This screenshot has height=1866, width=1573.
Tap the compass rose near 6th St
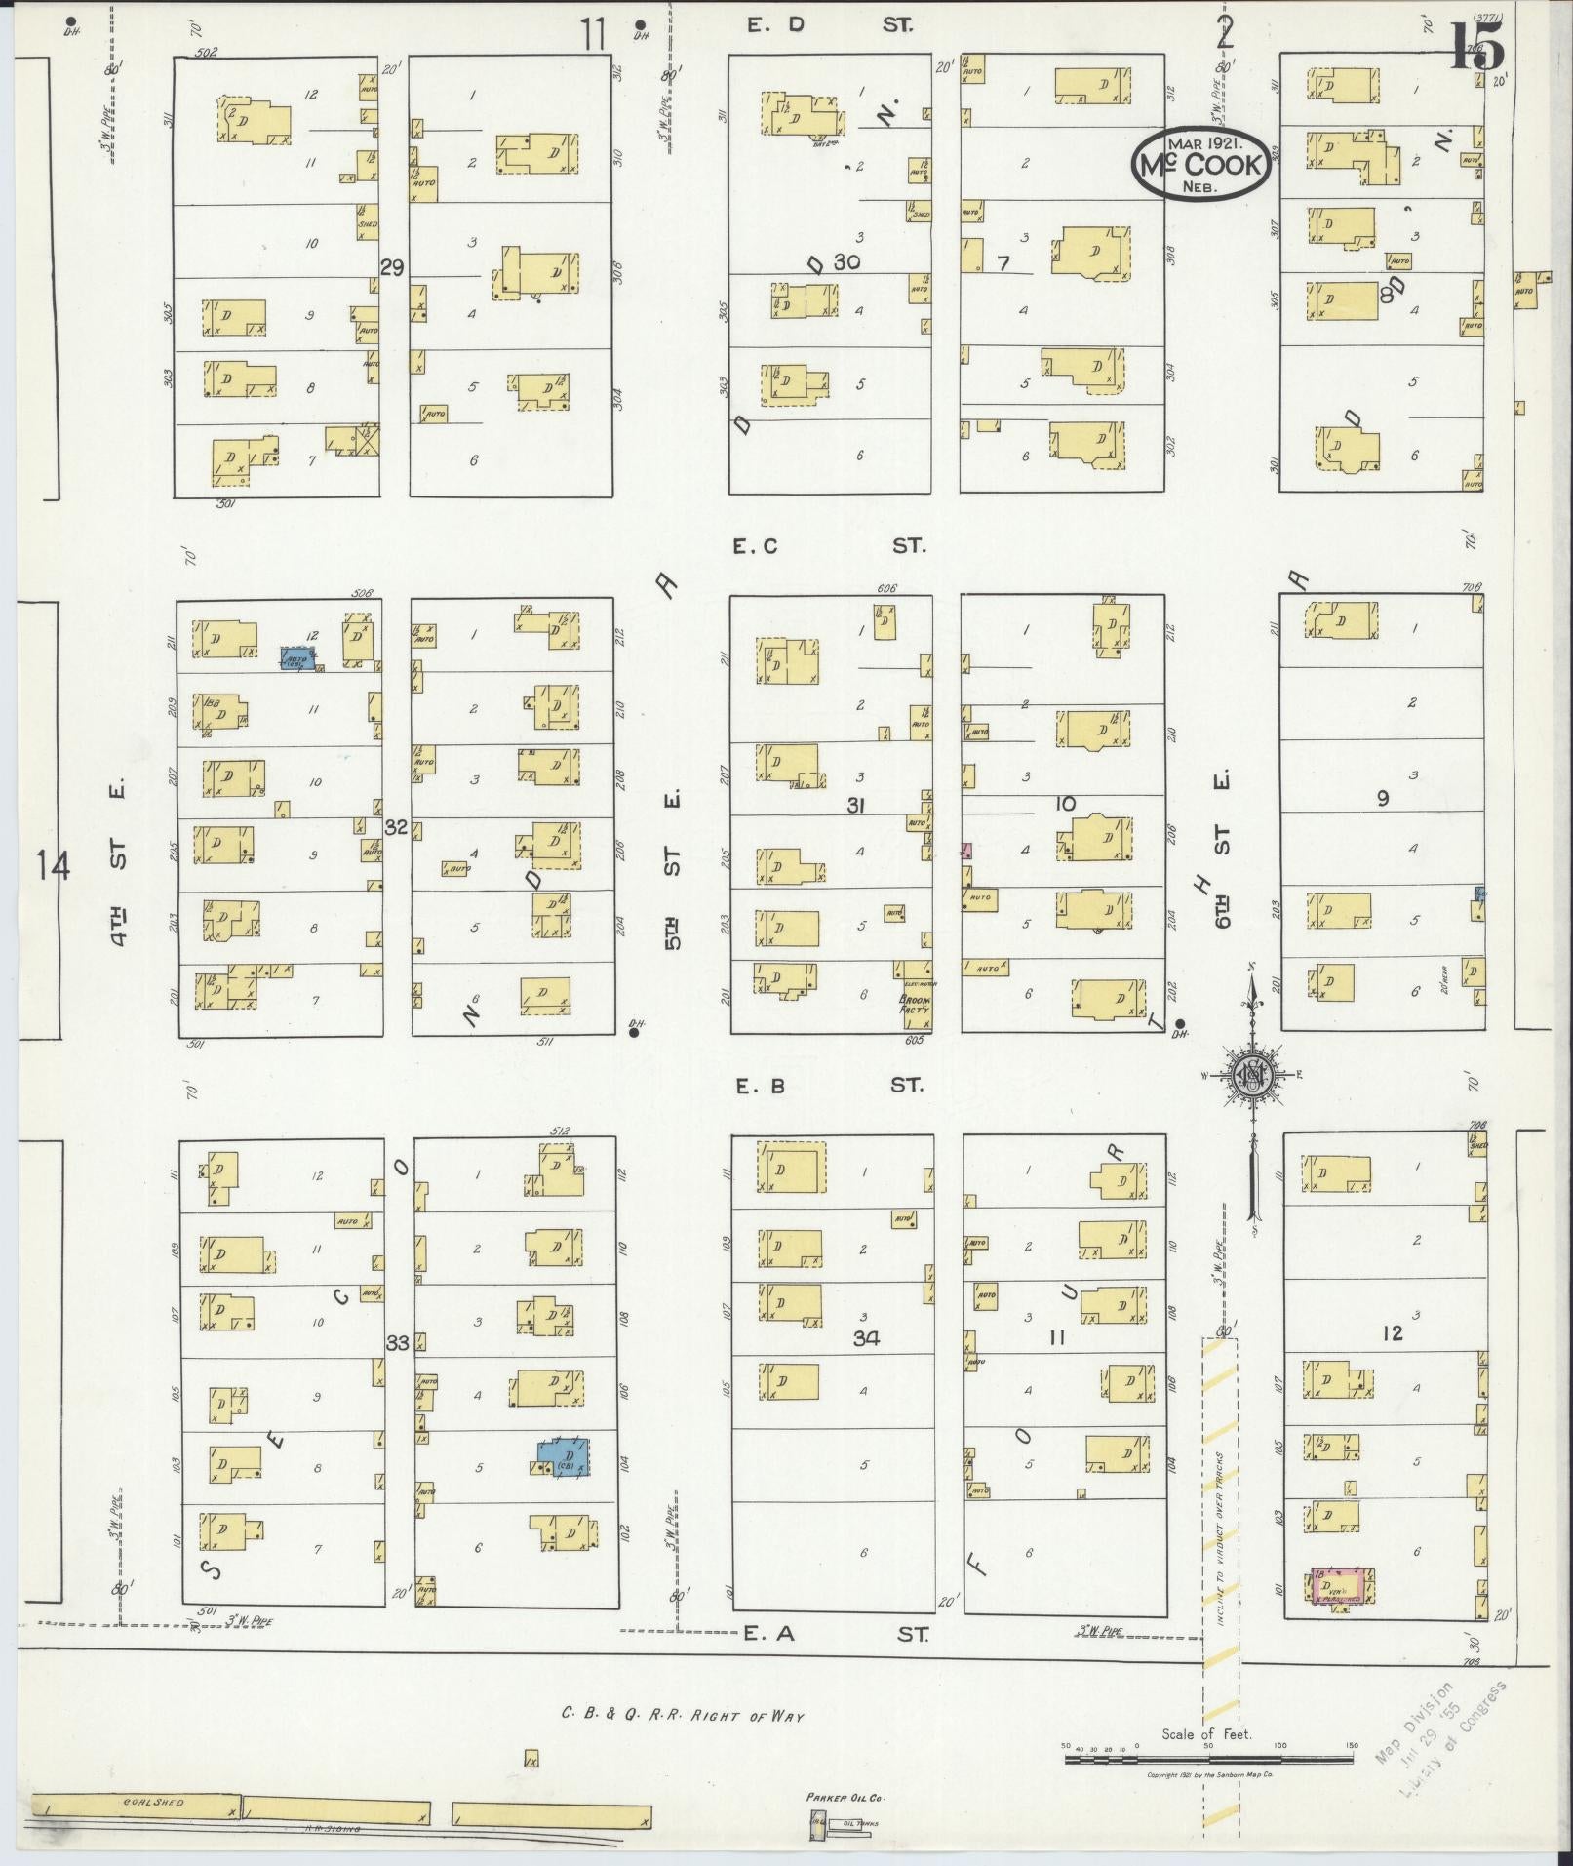[x=1252, y=1075]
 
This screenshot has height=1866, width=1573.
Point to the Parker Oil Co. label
[x=845, y=1797]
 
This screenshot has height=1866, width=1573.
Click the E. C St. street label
[x=828, y=546]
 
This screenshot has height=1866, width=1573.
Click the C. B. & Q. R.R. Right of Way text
[x=683, y=1714]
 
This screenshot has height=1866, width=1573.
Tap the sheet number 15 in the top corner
[x=1477, y=48]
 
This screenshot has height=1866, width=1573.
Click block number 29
[x=393, y=267]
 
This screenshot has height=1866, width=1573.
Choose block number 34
[x=866, y=1338]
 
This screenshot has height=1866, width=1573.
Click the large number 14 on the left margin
[x=53, y=865]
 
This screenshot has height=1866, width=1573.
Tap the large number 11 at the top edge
[x=594, y=35]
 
